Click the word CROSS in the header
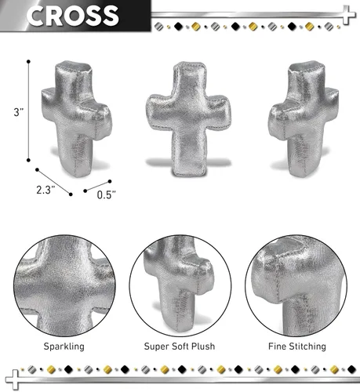tap(72, 16)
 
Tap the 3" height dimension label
tap(19, 112)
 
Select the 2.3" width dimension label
tap(45, 190)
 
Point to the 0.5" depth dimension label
tap(106, 194)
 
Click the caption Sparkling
tap(64, 347)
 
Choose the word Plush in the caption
tap(203, 347)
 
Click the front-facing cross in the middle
tap(188, 119)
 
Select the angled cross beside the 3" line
tap(76, 119)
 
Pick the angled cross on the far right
tap(304, 119)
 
